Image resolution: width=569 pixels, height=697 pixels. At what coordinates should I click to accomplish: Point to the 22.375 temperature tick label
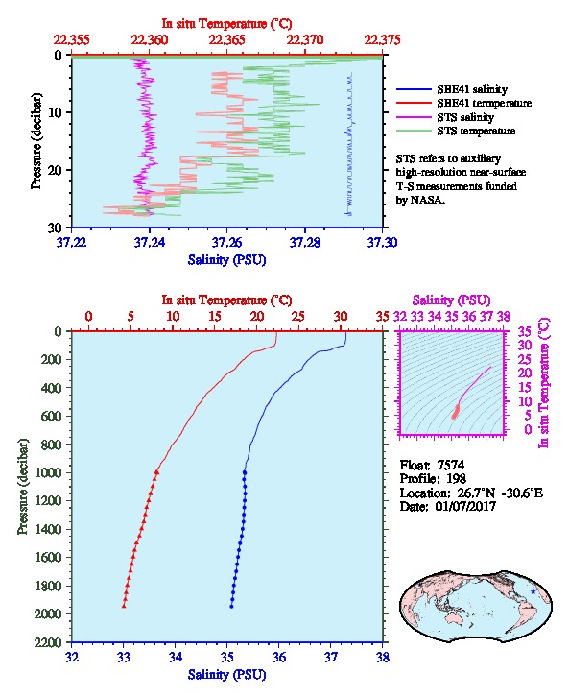pyautogui.click(x=382, y=40)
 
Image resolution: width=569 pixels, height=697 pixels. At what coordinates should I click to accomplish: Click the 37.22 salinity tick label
pyautogui.click(x=72, y=242)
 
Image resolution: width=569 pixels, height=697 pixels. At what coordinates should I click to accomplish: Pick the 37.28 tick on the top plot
pyautogui.click(x=305, y=242)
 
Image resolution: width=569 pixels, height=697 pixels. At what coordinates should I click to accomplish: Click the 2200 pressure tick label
pyautogui.click(x=49, y=642)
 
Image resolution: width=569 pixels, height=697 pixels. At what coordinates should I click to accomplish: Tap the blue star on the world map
pyautogui.click(x=533, y=591)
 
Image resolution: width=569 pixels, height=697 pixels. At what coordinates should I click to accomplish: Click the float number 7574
pyautogui.click(x=451, y=465)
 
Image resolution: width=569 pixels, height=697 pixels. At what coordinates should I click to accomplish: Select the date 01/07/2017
pyautogui.click(x=465, y=506)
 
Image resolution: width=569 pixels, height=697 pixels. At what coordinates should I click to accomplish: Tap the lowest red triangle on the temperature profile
pyautogui.click(x=124, y=606)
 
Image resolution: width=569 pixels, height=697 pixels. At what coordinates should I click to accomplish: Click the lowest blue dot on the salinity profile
pyautogui.click(x=231, y=607)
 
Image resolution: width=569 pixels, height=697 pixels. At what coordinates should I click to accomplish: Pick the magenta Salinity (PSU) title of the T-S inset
pyautogui.click(x=451, y=300)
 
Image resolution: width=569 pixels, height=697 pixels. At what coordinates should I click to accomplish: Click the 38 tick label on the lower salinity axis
pyautogui.click(x=383, y=657)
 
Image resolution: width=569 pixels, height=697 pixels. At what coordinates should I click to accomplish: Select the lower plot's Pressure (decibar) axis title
pyautogui.click(x=23, y=487)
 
